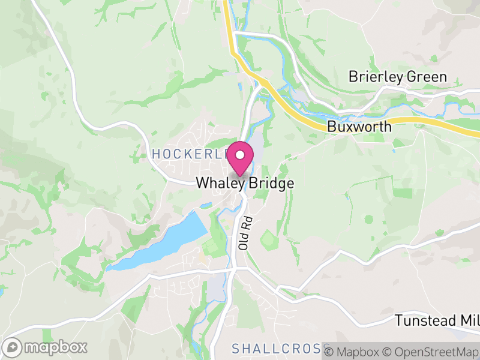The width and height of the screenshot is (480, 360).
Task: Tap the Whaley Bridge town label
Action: tap(245, 184)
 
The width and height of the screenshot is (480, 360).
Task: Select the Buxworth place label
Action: tap(359, 127)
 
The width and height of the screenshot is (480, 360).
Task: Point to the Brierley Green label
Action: tap(398, 77)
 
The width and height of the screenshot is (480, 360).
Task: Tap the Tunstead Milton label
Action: tap(436, 320)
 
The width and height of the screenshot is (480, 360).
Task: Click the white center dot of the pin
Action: tap(240, 155)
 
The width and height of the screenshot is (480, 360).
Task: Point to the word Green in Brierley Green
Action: tap(427, 77)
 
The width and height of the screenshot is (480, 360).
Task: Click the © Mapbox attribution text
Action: tap(354, 350)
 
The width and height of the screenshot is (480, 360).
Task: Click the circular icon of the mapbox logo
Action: tap(13, 347)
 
